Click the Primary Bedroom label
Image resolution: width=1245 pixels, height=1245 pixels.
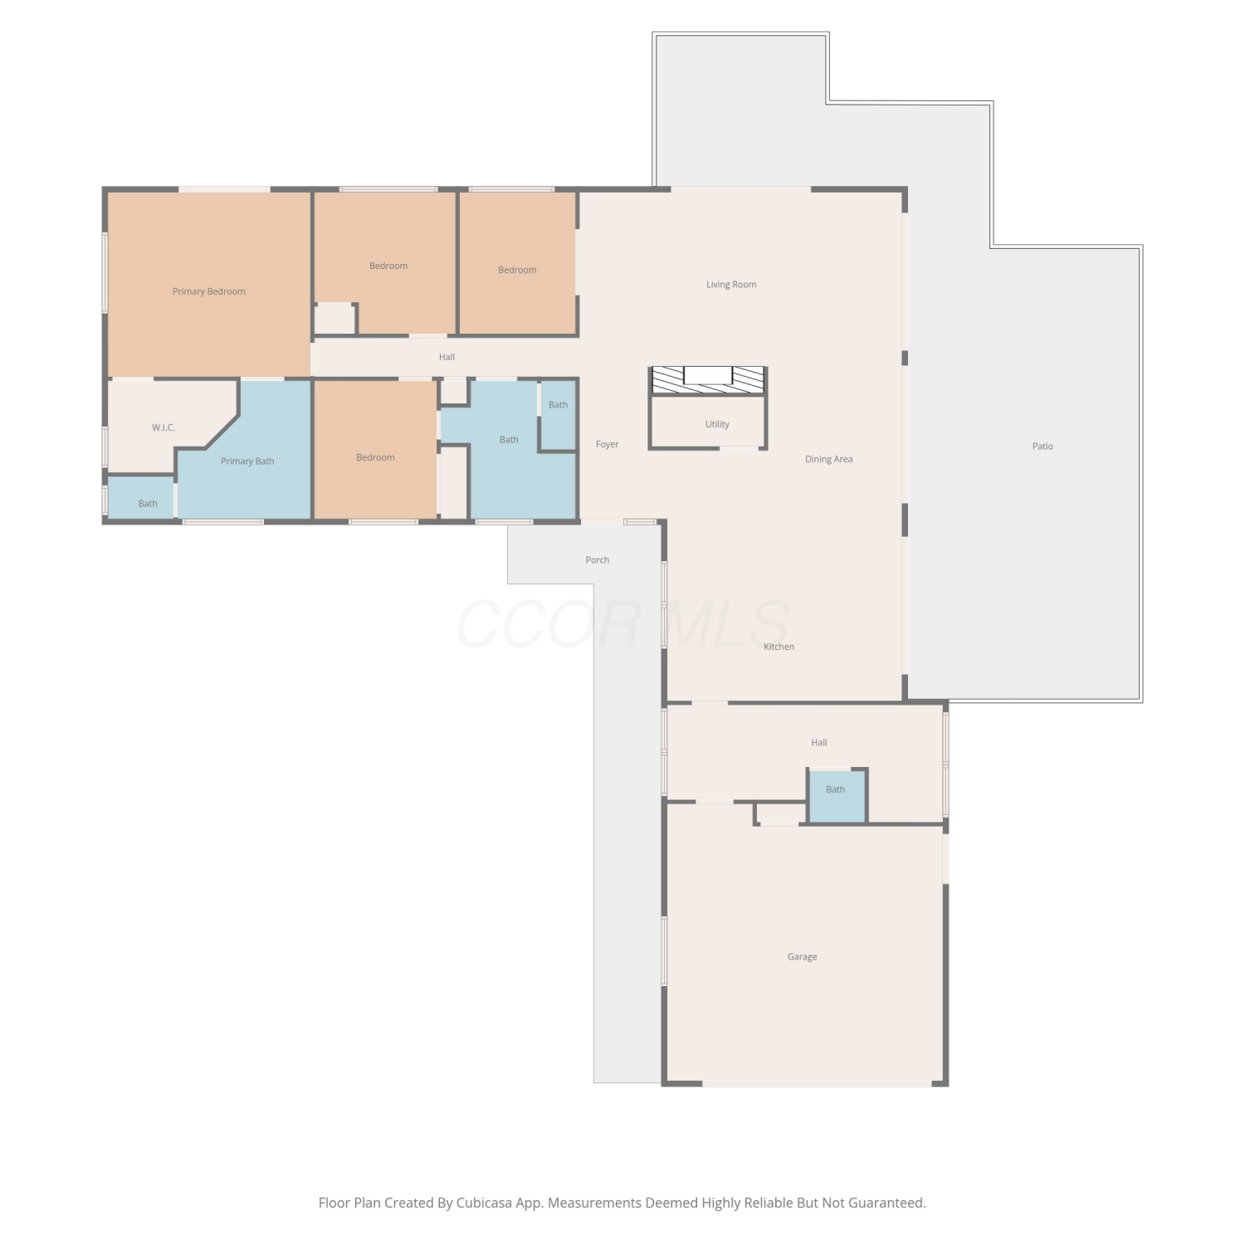point(208,291)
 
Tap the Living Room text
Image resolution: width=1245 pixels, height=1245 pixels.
point(731,284)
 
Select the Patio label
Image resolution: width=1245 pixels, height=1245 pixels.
point(1042,446)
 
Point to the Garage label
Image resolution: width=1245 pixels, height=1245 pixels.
point(802,956)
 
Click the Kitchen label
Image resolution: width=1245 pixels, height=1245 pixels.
point(779,646)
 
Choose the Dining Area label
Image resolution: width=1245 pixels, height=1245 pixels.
point(828,458)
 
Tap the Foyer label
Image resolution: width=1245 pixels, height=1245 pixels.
point(607,444)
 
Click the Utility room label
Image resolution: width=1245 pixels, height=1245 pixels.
point(717,424)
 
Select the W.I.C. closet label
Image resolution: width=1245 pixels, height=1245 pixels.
point(164,427)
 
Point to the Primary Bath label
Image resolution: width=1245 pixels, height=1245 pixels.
point(247,461)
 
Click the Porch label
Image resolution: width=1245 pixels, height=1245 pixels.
point(597,559)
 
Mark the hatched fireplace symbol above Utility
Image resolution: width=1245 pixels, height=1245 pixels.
point(708,379)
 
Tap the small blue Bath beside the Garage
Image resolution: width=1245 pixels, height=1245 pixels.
point(837,795)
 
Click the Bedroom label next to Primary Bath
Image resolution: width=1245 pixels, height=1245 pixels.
point(375,457)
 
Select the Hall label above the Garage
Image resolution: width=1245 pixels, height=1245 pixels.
point(818,742)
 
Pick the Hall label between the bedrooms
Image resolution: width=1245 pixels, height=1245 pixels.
point(447,357)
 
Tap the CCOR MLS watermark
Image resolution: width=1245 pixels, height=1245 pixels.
point(622,624)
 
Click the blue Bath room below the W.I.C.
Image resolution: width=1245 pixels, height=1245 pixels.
point(141,497)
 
